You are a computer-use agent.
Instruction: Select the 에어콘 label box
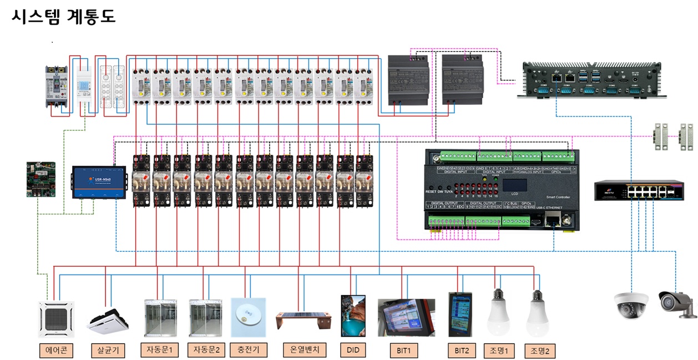[x=56, y=351]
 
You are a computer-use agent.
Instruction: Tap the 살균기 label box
[x=108, y=351]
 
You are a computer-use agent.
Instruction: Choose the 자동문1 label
[x=160, y=351]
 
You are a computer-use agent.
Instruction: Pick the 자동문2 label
[x=206, y=351]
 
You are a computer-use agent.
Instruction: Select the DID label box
[x=353, y=351]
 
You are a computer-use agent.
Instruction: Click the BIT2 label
[x=461, y=351]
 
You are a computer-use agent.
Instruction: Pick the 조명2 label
[x=539, y=351]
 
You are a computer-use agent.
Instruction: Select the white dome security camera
[x=631, y=303]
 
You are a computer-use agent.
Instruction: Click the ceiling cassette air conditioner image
[x=55, y=318]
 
